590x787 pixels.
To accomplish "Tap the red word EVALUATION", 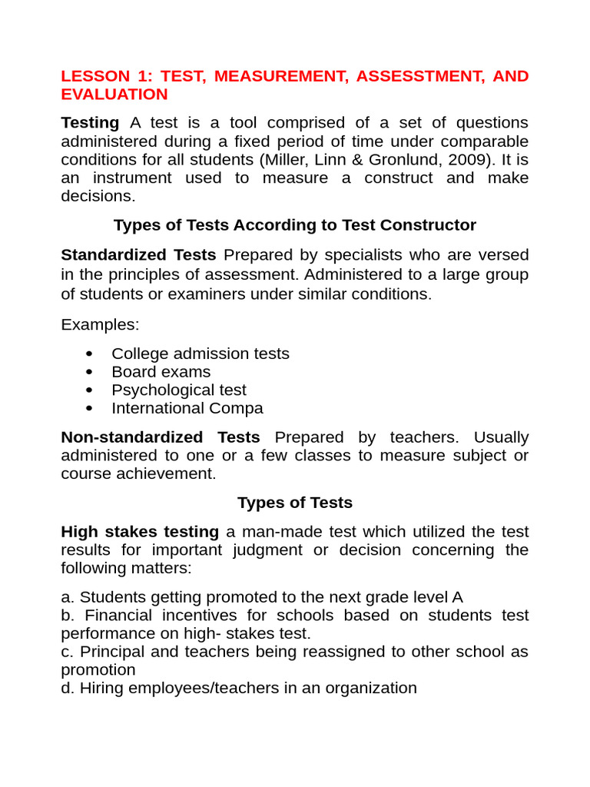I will tap(114, 95).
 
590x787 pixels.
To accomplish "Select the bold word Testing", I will tap(90, 123).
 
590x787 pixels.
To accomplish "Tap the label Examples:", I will tap(100, 324).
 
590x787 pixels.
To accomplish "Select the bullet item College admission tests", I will tap(200, 354).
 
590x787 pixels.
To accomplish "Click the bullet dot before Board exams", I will tap(91, 372).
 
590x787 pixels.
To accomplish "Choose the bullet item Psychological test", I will tap(178, 390).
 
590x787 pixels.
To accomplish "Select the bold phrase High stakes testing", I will tap(140, 532).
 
